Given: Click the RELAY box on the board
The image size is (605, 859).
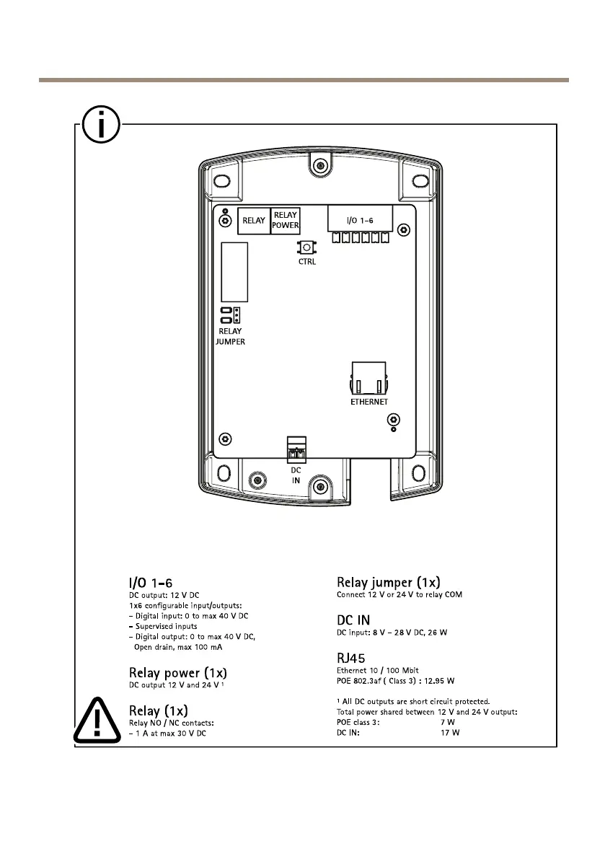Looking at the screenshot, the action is click(x=254, y=221).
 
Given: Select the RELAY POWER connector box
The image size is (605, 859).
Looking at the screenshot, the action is click(x=285, y=220).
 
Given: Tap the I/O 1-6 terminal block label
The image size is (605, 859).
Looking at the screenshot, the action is click(x=360, y=219).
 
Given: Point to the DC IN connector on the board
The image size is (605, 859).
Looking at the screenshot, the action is click(x=296, y=451).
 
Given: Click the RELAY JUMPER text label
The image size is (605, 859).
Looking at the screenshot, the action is click(x=230, y=336).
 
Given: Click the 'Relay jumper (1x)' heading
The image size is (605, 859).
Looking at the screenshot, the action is click(x=389, y=582).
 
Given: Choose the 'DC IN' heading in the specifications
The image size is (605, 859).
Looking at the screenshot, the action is click(x=354, y=620).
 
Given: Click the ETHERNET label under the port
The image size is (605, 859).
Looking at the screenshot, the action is click(x=369, y=402).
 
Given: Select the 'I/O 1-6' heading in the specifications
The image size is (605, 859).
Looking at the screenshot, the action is click(x=150, y=582).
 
